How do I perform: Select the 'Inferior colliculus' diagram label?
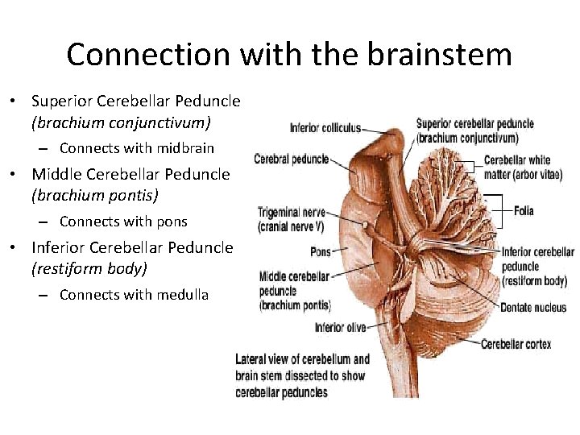pos(325,128)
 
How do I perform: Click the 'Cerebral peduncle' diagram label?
pos(291,159)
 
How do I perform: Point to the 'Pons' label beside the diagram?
pos(321,252)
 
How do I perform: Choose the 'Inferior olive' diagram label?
pos(340,327)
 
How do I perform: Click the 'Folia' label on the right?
pos(524,211)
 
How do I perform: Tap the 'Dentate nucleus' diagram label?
pos(533,308)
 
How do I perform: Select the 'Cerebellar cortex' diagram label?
pos(516,344)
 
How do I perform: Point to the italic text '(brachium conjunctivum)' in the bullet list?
pos(121,123)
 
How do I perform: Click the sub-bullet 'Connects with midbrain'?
pos(137,148)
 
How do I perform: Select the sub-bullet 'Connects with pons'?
pos(123,222)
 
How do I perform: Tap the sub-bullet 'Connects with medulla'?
pos(134,295)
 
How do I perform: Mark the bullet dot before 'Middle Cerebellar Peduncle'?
pos(14,174)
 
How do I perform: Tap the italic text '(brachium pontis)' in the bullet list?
pos(95,196)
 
